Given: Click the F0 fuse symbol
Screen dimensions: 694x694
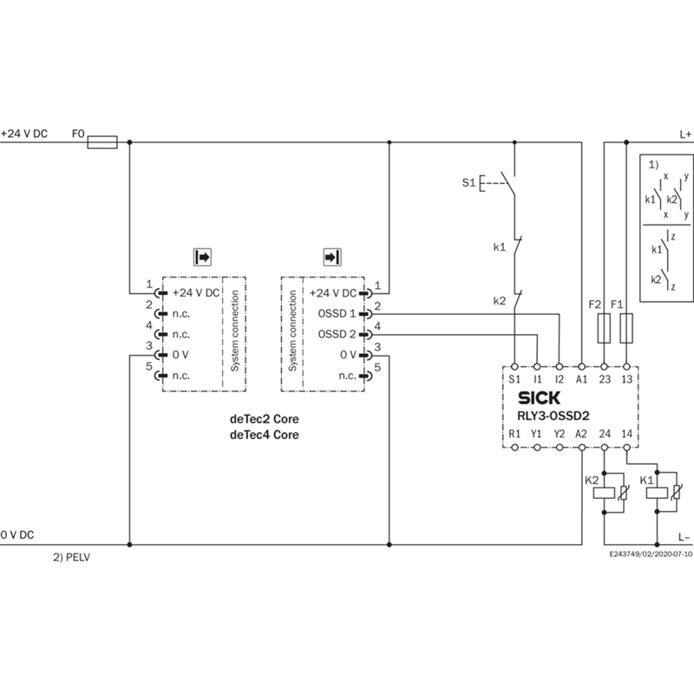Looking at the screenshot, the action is pyautogui.click(x=102, y=142).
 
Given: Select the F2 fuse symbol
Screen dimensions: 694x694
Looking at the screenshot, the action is pyautogui.click(x=604, y=329).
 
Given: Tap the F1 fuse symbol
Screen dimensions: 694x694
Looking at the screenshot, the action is pyautogui.click(x=626, y=329).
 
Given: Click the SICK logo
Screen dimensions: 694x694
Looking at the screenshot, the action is pyautogui.click(x=539, y=398).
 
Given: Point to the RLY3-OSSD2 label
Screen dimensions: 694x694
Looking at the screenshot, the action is pyautogui.click(x=553, y=416).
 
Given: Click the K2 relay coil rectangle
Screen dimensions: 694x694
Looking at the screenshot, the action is pyautogui.click(x=604, y=493).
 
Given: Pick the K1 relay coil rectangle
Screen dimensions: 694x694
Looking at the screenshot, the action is pyautogui.click(x=657, y=493).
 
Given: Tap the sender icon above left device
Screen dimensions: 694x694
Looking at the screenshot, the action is pyautogui.click(x=202, y=257).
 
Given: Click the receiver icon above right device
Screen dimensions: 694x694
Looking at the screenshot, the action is pyautogui.click(x=332, y=257).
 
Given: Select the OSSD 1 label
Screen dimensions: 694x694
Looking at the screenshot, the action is pyautogui.click(x=337, y=314).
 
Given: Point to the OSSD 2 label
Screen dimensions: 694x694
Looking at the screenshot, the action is pyautogui.click(x=337, y=334).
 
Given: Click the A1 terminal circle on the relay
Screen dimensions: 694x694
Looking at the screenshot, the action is pyautogui.click(x=581, y=366).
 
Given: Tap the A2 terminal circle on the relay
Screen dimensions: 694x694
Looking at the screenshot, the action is pyautogui.click(x=581, y=448).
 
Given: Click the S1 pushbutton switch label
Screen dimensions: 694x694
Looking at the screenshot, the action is pyautogui.click(x=468, y=182).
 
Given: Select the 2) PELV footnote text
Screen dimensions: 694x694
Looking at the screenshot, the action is pyautogui.click(x=72, y=557).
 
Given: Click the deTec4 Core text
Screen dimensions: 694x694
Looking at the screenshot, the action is pyautogui.click(x=265, y=435).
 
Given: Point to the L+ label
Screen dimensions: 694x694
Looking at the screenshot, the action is pyautogui.click(x=685, y=134).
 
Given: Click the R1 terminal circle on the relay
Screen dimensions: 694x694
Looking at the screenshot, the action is pyautogui.click(x=514, y=448).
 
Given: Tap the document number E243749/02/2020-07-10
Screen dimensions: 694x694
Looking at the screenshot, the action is pyautogui.click(x=651, y=554).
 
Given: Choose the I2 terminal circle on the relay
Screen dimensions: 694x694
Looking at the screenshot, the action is pyautogui.click(x=560, y=366).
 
